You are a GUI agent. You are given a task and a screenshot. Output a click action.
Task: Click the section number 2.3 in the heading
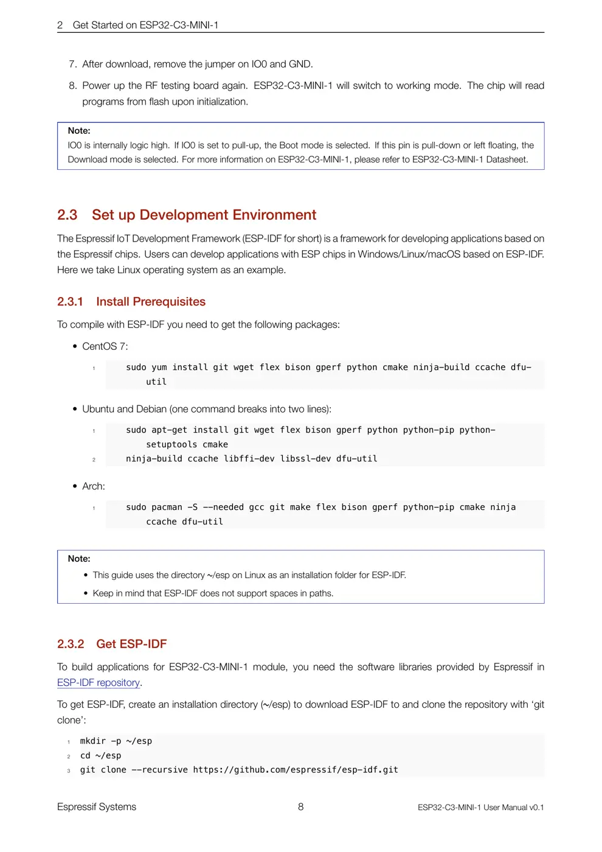(x=67, y=215)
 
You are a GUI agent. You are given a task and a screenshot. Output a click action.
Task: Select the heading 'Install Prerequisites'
(x=150, y=302)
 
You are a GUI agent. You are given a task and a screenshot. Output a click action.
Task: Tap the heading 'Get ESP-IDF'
(x=131, y=644)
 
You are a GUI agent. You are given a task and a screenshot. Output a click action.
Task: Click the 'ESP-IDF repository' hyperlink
(x=99, y=683)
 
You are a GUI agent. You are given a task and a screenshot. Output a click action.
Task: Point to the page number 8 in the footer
(x=300, y=807)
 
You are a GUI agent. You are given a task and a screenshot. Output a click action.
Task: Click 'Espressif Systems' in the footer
(x=97, y=807)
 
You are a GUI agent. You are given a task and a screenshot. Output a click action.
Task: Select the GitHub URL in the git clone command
(x=296, y=770)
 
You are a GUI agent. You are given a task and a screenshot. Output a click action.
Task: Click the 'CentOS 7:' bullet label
(x=105, y=346)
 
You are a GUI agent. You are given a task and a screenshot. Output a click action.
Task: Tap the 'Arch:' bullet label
(x=93, y=486)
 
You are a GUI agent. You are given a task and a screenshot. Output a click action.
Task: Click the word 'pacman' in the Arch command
(x=167, y=508)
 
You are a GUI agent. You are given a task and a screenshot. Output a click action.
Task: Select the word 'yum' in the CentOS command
(x=159, y=368)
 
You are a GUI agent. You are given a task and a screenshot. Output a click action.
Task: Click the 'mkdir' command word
(x=92, y=741)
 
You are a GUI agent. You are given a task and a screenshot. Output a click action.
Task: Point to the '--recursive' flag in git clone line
(x=160, y=770)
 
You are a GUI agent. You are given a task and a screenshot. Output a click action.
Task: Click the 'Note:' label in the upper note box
(x=79, y=131)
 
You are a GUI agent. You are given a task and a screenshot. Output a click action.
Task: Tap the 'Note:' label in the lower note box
(x=79, y=559)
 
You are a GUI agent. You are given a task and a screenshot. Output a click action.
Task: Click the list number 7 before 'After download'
(x=72, y=65)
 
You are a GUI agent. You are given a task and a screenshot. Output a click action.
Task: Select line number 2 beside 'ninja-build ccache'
(x=94, y=459)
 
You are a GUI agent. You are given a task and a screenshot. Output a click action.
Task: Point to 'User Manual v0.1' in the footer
(x=513, y=808)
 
